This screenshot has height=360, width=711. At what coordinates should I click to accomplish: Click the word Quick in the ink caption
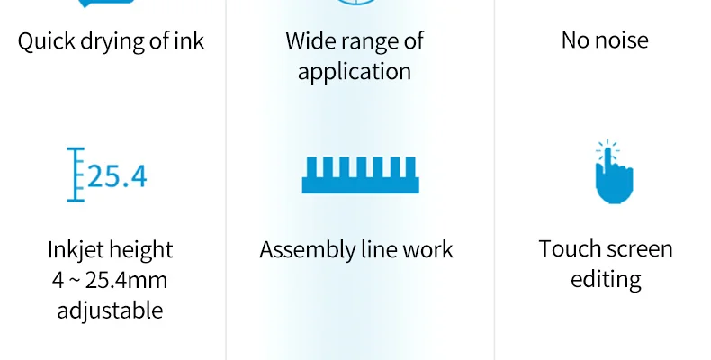click(x=45, y=41)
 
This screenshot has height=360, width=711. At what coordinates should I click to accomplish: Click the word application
click(x=355, y=72)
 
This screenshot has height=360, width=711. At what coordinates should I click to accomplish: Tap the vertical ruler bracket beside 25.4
click(x=76, y=175)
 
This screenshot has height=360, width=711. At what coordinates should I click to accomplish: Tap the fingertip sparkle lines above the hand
click(x=609, y=147)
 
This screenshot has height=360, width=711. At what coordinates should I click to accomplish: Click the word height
click(x=143, y=249)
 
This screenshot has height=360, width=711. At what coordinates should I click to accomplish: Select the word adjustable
click(x=110, y=310)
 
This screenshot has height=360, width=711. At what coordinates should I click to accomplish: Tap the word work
click(x=428, y=249)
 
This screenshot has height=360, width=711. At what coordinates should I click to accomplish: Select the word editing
click(x=606, y=280)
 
